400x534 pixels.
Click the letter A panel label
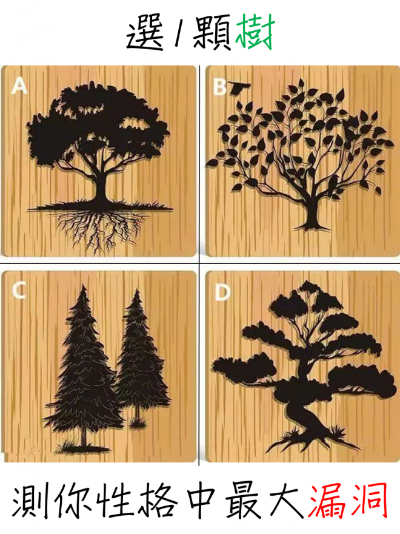point(19,85)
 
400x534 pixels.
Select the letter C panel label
point(19,291)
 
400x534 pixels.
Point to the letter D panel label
point(222,292)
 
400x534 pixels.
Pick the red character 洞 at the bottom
point(370,502)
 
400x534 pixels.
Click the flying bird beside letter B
point(239,88)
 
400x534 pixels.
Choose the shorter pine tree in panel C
point(140,357)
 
